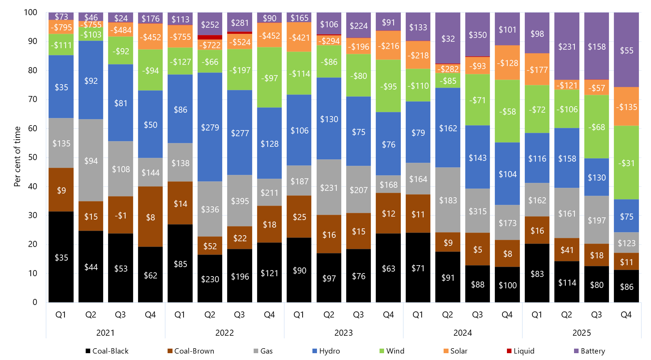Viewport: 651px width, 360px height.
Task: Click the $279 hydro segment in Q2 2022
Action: click(x=210, y=127)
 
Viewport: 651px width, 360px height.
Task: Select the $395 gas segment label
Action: click(x=240, y=201)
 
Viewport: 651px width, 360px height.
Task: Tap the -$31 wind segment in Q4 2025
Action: click(x=626, y=163)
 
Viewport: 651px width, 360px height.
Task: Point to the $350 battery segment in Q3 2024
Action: click(x=478, y=35)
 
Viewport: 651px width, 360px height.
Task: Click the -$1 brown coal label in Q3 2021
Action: click(x=121, y=215)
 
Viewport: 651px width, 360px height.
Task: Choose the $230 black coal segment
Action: click(x=210, y=279)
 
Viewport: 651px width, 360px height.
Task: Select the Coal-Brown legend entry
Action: click(x=191, y=351)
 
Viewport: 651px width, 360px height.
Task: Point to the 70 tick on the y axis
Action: click(x=33, y=99)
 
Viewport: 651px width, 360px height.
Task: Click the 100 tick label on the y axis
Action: click(x=30, y=13)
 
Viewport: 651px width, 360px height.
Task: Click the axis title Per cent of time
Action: click(x=17, y=157)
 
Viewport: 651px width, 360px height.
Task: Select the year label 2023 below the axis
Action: click(x=344, y=333)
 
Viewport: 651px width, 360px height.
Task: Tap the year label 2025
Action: click(x=582, y=333)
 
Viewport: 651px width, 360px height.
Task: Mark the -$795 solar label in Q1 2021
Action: click(x=61, y=27)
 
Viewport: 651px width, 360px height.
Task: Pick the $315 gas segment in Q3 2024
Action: click(x=478, y=211)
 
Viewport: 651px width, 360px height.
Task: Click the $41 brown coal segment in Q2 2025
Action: click(x=567, y=250)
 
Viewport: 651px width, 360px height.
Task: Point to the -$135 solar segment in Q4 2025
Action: click(x=626, y=107)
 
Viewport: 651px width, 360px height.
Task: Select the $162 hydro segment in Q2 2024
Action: click(x=448, y=128)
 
